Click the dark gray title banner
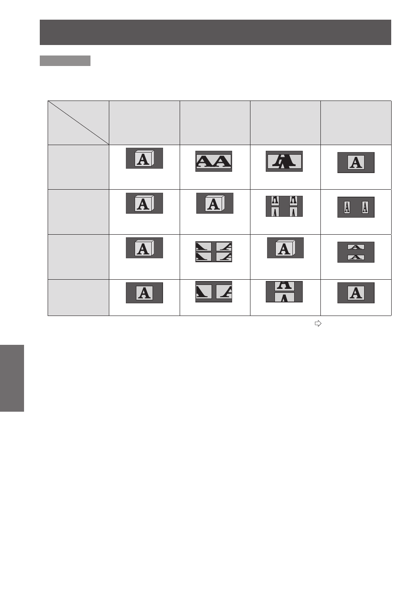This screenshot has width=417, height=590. tap(215, 32)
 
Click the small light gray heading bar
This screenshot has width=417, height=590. tap(65, 61)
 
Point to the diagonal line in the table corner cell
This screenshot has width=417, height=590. tap(79, 123)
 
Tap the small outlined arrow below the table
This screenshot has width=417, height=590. tap(318, 323)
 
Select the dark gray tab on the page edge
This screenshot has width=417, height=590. tap(12, 378)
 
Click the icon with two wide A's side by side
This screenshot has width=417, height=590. tap(214, 161)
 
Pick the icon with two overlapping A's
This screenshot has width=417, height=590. tap(284, 161)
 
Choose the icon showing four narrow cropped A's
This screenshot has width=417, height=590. tap(284, 206)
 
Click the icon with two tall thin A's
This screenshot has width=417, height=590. tap(356, 207)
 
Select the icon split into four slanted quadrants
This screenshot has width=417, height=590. tap(214, 252)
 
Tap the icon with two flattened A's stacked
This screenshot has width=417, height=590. tap(356, 252)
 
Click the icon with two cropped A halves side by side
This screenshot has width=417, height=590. tap(214, 292)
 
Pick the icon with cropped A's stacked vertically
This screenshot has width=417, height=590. tap(284, 292)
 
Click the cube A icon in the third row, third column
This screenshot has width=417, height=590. tap(285, 248)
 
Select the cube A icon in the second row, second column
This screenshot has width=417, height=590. tap(215, 203)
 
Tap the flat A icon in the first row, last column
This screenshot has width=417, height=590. tap(356, 163)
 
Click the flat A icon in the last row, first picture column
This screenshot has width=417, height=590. tap(144, 293)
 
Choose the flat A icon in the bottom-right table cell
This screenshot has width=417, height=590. tap(356, 293)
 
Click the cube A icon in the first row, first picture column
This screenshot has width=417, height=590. tap(144, 158)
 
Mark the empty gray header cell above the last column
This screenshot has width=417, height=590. tap(356, 123)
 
